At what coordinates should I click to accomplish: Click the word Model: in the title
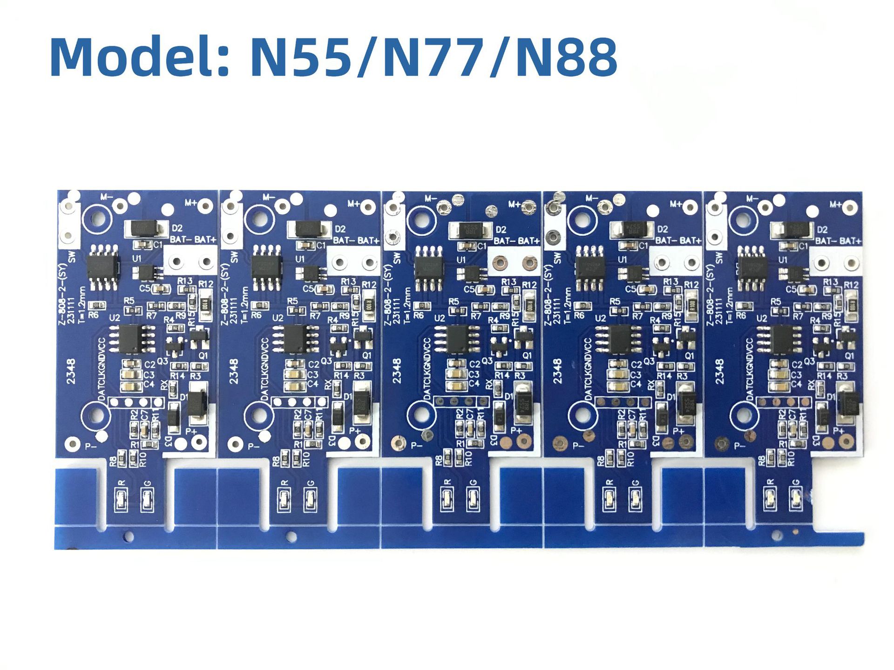tap(140, 57)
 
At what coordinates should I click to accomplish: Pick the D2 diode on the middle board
tap(470, 229)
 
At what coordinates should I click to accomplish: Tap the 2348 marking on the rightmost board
tap(720, 371)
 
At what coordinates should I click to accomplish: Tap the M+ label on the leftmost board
tap(191, 203)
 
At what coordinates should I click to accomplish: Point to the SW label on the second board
tap(234, 256)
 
